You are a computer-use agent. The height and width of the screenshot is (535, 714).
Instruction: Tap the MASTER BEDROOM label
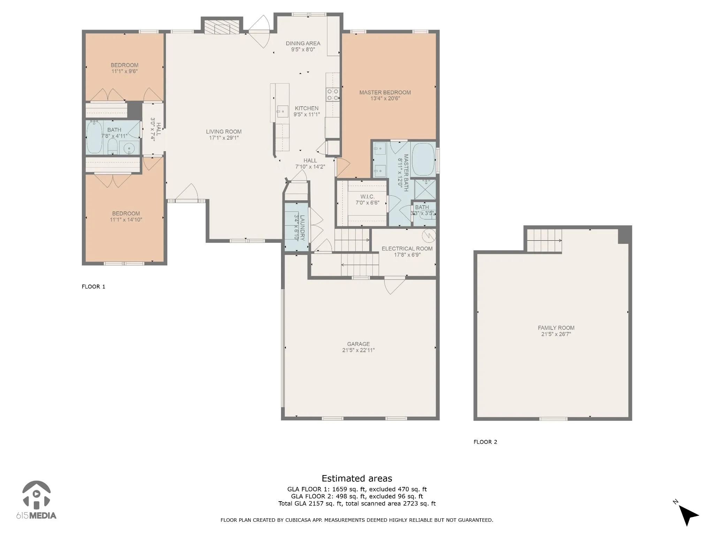coord(385,92)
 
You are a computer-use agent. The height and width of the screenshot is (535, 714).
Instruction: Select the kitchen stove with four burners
coord(333,94)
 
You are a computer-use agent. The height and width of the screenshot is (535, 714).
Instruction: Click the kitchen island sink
coord(282,111)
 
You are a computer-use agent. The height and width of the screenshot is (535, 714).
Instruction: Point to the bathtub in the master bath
coord(423,159)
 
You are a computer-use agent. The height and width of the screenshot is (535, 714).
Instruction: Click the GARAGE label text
coord(358,344)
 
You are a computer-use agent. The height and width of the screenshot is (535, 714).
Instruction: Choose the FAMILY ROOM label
coord(556,328)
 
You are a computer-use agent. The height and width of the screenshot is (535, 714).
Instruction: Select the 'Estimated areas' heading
coord(357,478)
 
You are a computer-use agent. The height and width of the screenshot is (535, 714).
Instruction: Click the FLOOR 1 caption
coord(93,287)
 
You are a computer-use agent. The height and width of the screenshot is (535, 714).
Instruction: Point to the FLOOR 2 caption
coord(485,442)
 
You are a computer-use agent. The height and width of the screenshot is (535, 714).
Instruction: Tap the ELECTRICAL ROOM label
coord(407,249)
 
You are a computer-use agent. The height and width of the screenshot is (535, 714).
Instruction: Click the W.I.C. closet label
coord(367,197)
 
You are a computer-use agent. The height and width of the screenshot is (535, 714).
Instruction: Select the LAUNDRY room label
coord(302,228)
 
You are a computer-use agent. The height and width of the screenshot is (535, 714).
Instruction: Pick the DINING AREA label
coord(303,43)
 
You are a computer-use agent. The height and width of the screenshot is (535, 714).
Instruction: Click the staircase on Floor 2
coord(544,240)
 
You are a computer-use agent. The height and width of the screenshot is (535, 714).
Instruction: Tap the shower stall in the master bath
coord(425,189)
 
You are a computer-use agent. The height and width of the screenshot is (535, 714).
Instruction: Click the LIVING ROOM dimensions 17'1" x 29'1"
coord(223,138)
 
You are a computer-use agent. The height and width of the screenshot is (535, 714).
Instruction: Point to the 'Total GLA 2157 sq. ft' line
coord(357,503)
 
